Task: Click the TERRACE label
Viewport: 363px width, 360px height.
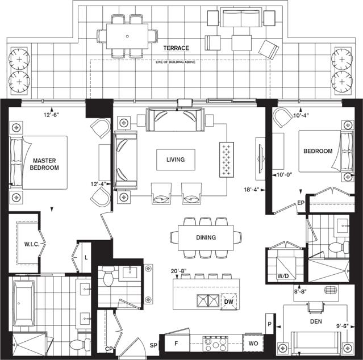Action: click(176, 48)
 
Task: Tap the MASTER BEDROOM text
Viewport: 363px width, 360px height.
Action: click(44, 164)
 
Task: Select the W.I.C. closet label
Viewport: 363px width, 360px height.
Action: click(32, 244)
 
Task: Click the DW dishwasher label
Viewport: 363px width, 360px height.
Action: click(229, 302)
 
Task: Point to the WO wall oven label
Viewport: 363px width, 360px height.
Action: click(253, 344)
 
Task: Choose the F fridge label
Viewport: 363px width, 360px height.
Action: click(176, 344)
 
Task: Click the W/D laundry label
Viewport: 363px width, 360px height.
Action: click(283, 276)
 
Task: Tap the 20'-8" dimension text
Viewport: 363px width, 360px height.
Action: click(179, 271)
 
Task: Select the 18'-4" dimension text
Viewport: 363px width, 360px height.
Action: click(252, 190)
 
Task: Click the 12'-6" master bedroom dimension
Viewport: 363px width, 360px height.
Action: click(51, 114)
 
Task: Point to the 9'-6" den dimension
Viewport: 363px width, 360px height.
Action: click(343, 326)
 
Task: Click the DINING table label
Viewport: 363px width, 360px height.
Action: click(206, 237)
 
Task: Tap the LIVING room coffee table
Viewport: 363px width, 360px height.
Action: click(176, 160)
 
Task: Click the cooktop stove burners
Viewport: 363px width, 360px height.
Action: click(215, 344)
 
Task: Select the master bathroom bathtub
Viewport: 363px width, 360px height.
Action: click(23, 303)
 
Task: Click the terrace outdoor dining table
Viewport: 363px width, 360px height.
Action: click(127, 36)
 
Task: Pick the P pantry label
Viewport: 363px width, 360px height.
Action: click(269, 324)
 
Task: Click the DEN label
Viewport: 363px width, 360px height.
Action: click(316, 321)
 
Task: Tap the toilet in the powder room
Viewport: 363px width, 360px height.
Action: click(109, 276)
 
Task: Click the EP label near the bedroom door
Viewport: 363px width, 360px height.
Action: click(301, 203)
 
